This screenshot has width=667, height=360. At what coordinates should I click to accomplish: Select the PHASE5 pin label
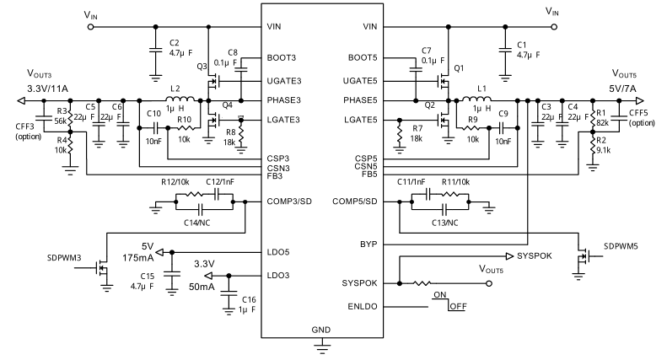pos(360,100)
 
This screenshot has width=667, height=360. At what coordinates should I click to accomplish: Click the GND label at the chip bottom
pos(321,329)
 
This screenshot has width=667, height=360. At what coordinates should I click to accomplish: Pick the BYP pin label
pos(368,244)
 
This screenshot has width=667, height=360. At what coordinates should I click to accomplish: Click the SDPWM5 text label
pos(622,246)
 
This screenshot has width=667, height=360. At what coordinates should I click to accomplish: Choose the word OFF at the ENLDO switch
pos(458,305)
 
